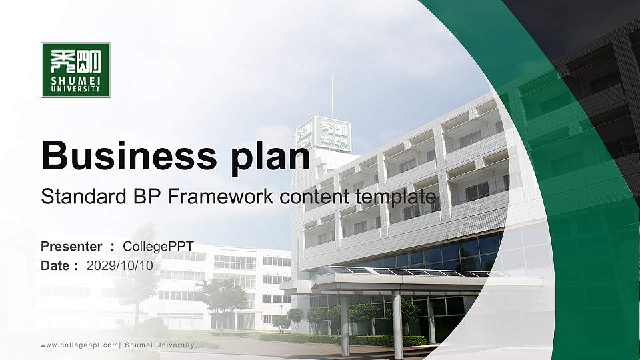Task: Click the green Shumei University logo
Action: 75,70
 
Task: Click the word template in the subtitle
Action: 396,197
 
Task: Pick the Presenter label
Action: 71,247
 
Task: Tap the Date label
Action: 55,265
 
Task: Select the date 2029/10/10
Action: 120,265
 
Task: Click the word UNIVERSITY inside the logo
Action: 75,89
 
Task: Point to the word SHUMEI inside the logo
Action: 75,81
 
